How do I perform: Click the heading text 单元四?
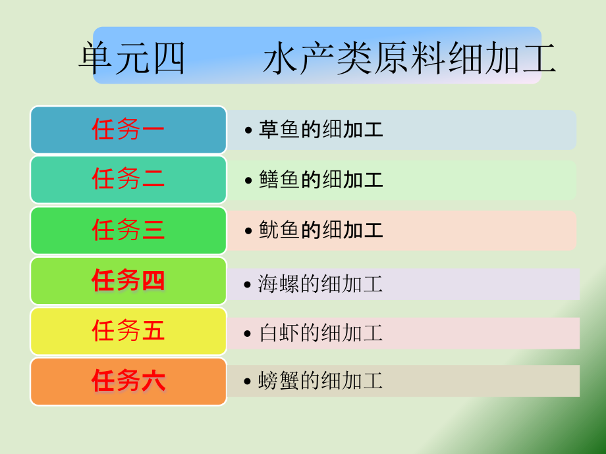pyautogui.click(x=132, y=59)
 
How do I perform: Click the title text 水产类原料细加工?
pyautogui.click(x=410, y=59)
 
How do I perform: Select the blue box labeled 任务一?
pyautogui.click(x=128, y=130)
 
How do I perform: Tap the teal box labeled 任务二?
pyautogui.click(x=128, y=180)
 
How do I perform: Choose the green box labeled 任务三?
pyautogui.click(x=128, y=230)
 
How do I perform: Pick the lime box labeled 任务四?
pyautogui.click(x=128, y=281)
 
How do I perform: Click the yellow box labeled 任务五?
pyautogui.click(x=128, y=331)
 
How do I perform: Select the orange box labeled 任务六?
pyautogui.click(x=128, y=382)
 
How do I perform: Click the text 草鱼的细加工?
pyautogui.click(x=321, y=130)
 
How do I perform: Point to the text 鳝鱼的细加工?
pyautogui.click(x=321, y=180)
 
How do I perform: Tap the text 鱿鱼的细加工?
pyautogui.click(x=321, y=230)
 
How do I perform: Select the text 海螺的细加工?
pyautogui.click(x=320, y=284)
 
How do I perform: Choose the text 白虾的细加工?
pyautogui.click(x=320, y=333)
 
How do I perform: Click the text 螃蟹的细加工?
pyautogui.click(x=320, y=381)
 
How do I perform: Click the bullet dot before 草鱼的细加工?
pyautogui.click(x=248, y=130)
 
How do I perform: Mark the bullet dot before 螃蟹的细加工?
pyautogui.click(x=248, y=382)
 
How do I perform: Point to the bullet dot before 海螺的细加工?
pyautogui.click(x=248, y=285)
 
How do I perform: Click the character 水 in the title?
pyautogui.click(x=280, y=59)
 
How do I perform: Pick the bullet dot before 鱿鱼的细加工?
pyautogui.click(x=248, y=231)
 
